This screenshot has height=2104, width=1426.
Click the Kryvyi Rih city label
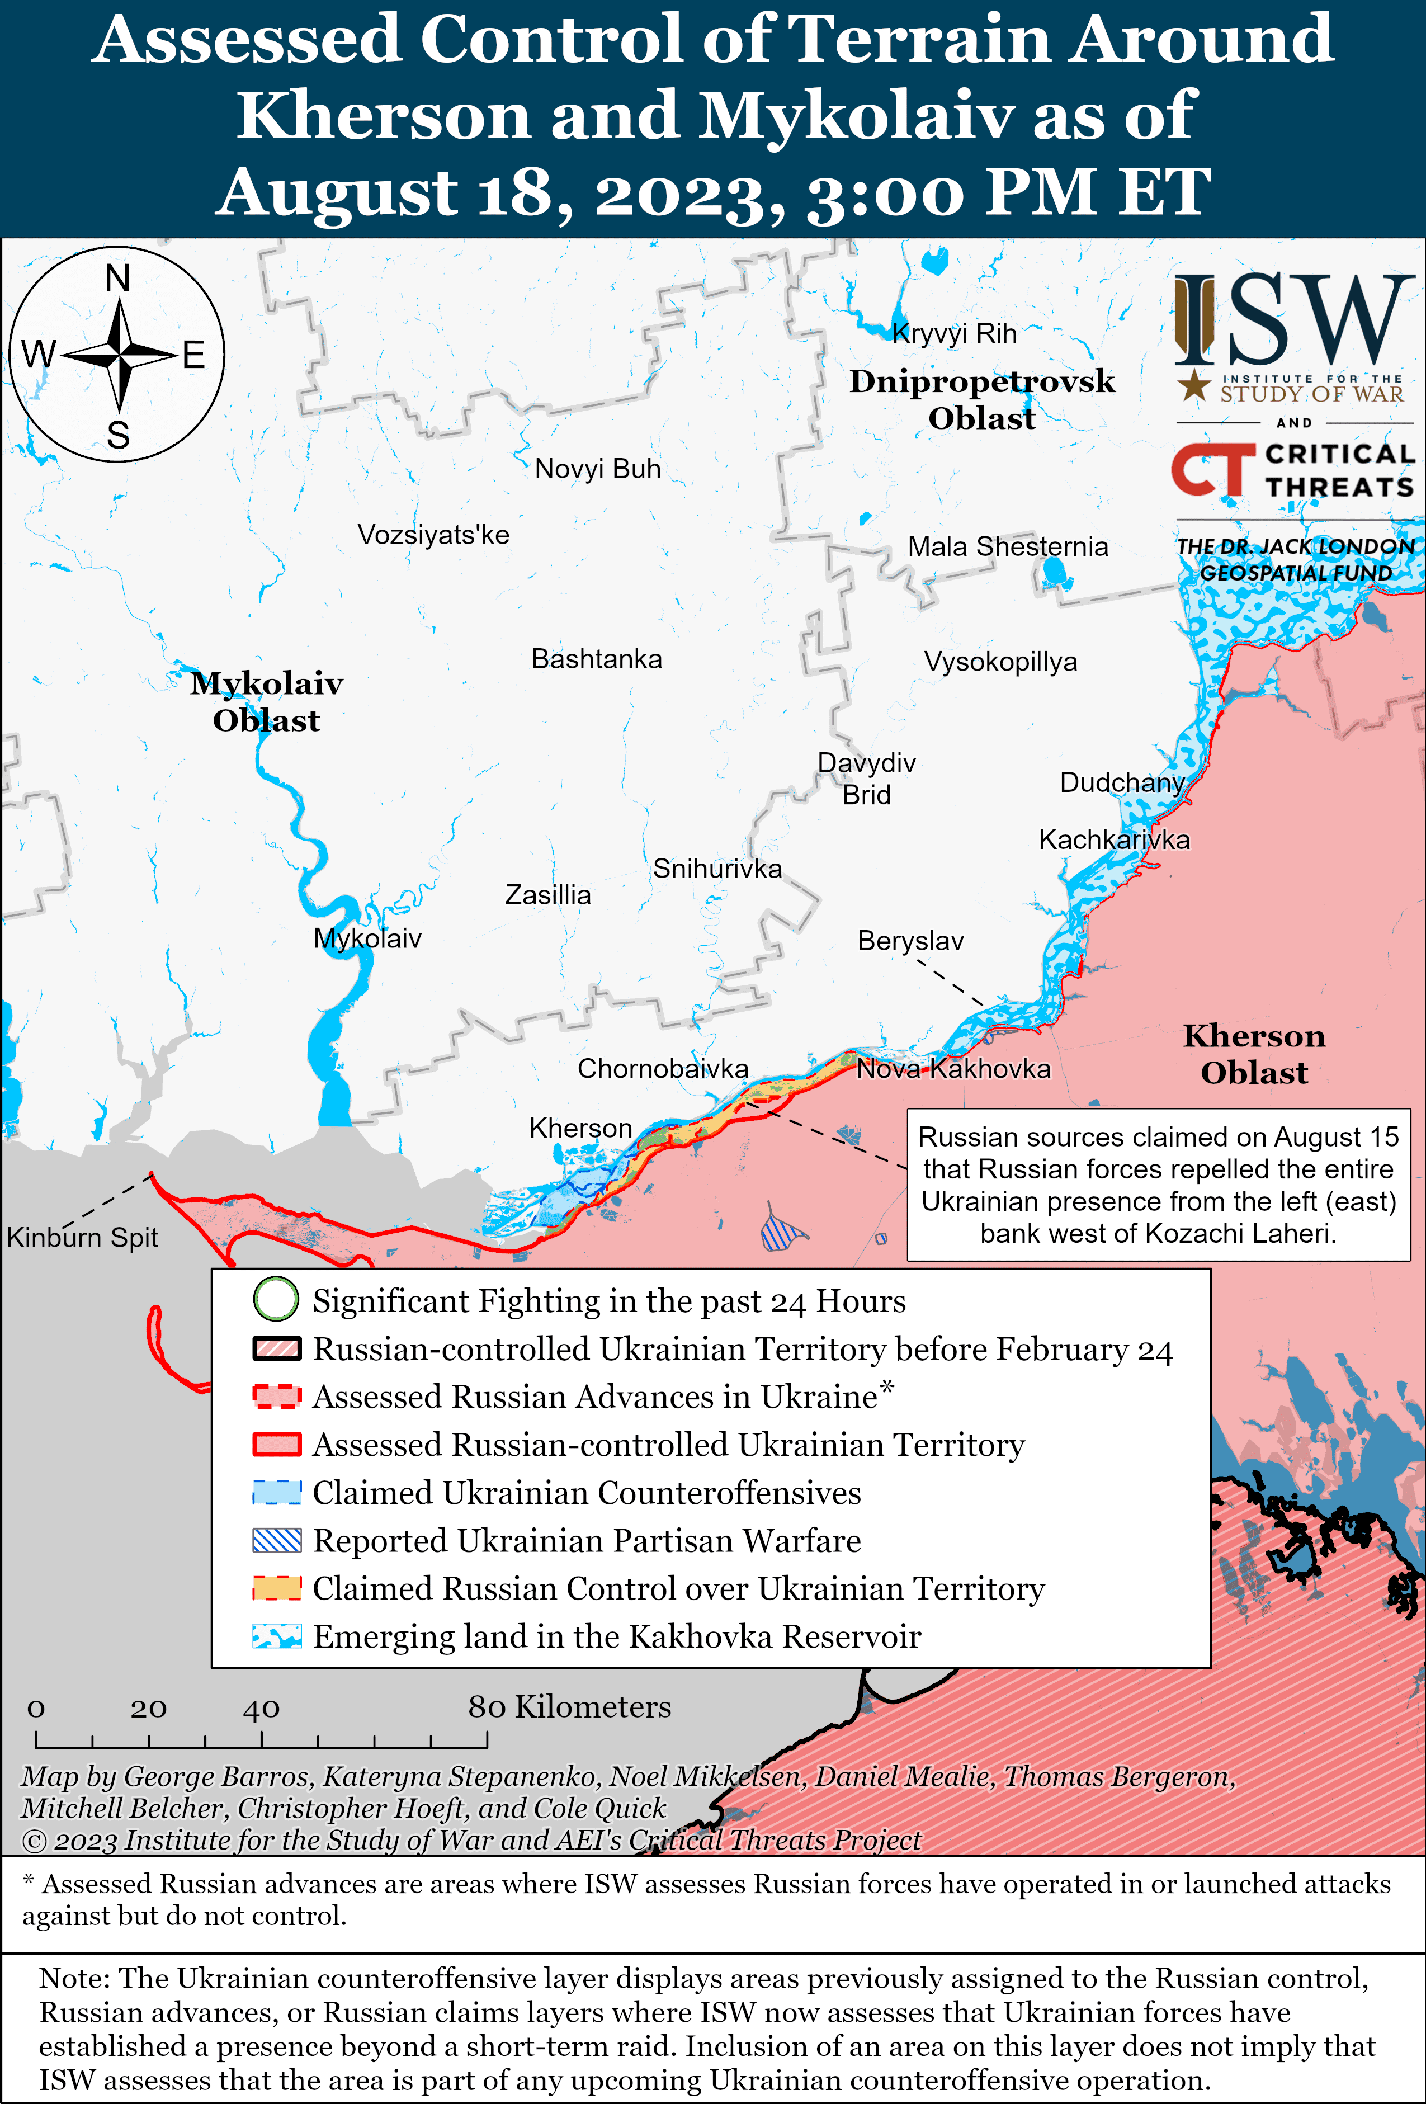point(954,334)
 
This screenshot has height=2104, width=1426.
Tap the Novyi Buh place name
point(598,469)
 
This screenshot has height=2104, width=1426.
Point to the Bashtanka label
point(597,659)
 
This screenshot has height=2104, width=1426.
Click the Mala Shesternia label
point(1008,547)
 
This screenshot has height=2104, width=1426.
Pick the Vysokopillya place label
point(1000,662)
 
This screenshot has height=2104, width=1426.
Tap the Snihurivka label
point(717,869)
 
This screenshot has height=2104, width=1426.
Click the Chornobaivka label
point(663,1069)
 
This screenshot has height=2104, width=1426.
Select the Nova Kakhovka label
point(953,1069)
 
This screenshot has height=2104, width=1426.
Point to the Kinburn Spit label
point(82,1238)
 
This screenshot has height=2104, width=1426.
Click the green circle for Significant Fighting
point(275,1300)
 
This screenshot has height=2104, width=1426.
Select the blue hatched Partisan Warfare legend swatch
point(276,1540)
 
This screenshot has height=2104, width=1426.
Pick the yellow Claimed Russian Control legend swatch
point(276,1588)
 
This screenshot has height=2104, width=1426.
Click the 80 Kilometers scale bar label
point(569,1706)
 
